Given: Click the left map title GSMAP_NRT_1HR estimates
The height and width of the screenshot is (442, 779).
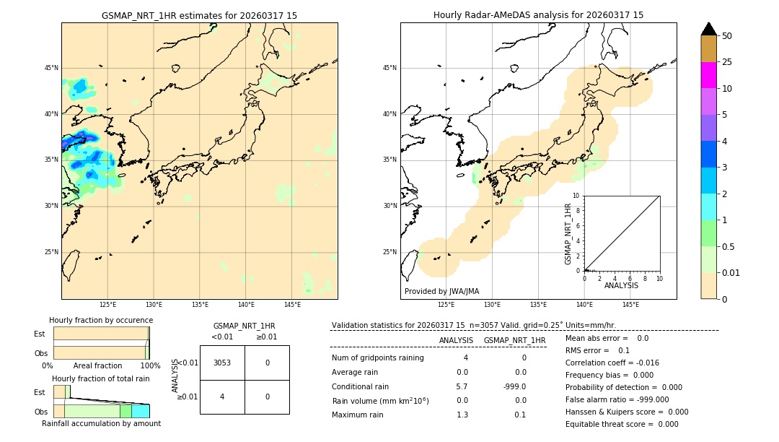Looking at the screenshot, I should [199, 15].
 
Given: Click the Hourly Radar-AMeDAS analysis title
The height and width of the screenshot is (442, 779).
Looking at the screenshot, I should [538, 15].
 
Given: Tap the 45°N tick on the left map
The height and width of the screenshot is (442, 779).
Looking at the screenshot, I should [51, 68].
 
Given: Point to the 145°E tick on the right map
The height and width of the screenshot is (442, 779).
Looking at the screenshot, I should [630, 305].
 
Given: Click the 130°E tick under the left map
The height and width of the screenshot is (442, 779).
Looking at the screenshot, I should [154, 305].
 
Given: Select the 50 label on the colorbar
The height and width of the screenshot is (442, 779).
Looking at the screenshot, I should [727, 35].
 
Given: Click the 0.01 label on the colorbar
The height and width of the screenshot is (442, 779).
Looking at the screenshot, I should [731, 272].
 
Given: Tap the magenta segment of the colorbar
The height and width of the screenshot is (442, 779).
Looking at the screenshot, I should [708, 75].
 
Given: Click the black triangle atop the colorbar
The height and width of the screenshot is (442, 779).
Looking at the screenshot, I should [708, 29].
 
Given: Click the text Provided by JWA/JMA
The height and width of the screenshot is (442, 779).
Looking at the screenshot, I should [441, 291].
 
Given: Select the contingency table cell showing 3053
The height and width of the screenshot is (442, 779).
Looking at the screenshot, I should [222, 363].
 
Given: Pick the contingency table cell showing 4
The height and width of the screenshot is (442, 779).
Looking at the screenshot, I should [222, 396].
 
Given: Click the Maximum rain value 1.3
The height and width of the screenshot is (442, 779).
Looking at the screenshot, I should [462, 415].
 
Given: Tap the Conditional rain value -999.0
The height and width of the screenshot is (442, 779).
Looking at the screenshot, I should [515, 386].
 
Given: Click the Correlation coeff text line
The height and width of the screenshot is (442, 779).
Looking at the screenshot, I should [612, 363].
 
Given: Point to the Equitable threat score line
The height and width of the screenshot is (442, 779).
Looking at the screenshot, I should [622, 424].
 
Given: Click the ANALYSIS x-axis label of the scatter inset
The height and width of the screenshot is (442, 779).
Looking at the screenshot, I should [621, 285].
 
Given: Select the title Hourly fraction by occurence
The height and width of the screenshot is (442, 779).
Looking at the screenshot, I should [101, 320].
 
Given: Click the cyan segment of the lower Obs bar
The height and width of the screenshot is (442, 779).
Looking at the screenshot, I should [140, 411].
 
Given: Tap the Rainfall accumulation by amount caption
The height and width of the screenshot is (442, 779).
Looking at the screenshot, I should [101, 423].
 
